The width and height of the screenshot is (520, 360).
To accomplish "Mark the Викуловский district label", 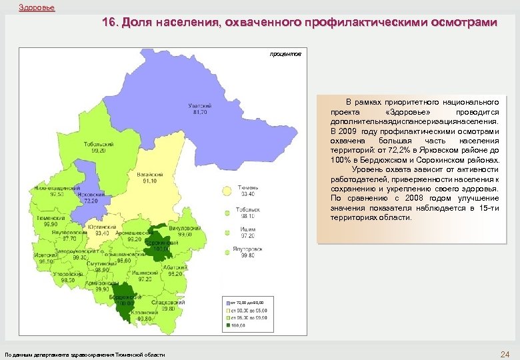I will pyautogui.click(x=181, y=229).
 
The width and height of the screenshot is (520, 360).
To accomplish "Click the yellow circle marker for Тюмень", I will pyautogui.click(x=227, y=191).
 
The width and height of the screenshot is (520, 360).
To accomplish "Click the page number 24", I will pyautogui.click(x=504, y=353).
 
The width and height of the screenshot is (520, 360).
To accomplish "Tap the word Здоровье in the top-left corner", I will pyautogui.click(x=37, y=7).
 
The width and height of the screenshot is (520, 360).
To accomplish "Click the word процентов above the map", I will pyautogui.click(x=285, y=53).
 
